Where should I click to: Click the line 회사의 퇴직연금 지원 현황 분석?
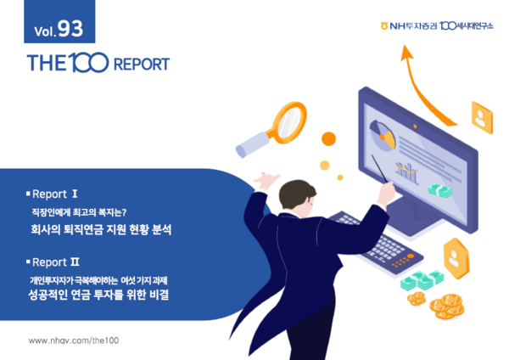click(101, 228)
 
